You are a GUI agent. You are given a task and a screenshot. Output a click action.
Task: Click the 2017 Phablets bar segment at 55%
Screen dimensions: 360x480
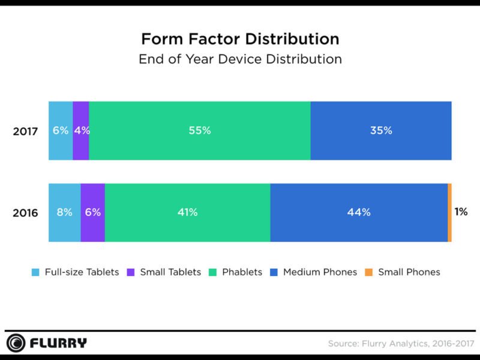tap(200, 131)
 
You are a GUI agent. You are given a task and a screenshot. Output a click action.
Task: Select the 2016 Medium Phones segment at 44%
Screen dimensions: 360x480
tap(359, 212)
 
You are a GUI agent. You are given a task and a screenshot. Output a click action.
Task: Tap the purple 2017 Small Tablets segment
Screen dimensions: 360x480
tap(81, 131)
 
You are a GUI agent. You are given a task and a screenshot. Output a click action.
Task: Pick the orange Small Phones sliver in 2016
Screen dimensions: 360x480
tap(449, 212)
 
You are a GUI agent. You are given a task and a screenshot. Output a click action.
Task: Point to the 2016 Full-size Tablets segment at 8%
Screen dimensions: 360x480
tap(64, 212)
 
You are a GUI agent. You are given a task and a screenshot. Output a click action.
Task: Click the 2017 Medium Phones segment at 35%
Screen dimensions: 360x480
tap(381, 131)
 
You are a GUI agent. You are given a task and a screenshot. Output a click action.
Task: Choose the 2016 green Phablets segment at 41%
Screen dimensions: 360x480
tap(187, 212)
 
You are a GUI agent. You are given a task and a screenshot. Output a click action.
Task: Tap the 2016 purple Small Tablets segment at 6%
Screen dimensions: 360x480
tap(92, 212)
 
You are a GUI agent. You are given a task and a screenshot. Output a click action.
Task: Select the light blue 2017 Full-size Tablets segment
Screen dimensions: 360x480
tap(61, 131)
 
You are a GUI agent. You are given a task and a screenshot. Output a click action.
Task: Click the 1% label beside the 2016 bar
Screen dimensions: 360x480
tap(461, 212)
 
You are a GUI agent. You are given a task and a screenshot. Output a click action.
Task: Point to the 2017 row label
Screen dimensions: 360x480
tap(25, 131)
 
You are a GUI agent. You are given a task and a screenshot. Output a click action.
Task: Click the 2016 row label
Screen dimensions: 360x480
tap(25, 213)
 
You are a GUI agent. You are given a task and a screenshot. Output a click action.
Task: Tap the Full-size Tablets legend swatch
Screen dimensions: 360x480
tap(36, 272)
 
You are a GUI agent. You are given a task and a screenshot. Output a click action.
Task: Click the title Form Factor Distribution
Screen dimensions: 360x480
tap(240, 40)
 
